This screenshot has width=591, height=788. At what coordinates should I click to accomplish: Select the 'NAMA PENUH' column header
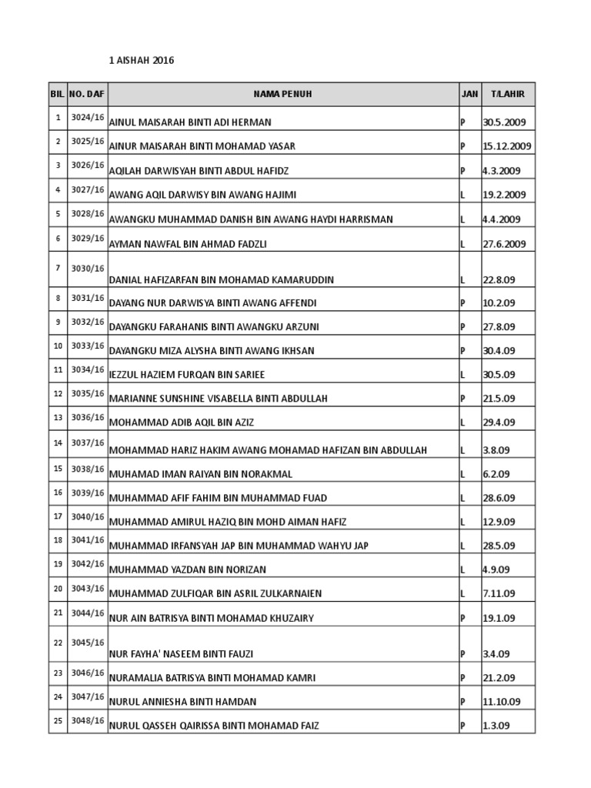click(283, 94)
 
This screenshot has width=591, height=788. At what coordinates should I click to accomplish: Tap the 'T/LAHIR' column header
click(508, 94)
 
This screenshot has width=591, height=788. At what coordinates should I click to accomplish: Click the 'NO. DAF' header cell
click(87, 94)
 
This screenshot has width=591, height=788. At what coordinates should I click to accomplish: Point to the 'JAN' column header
click(469, 94)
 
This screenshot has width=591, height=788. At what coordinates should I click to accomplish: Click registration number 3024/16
click(87, 118)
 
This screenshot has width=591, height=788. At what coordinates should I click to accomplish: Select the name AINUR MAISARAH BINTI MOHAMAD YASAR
click(202, 146)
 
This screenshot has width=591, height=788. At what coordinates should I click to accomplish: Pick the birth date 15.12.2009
click(507, 146)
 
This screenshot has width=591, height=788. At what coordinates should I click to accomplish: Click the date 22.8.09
click(499, 279)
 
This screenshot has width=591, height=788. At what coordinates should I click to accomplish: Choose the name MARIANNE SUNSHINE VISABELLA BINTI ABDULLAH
click(219, 399)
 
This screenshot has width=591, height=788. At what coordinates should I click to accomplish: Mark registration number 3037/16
click(87, 442)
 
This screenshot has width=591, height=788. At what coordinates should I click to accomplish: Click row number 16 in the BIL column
click(58, 492)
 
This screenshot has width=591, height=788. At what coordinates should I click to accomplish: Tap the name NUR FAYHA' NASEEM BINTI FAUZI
click(182, 654)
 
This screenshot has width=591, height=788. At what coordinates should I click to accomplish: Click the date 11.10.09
click(502, 702)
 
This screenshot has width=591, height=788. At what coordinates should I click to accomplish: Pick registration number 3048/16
click(87, 721)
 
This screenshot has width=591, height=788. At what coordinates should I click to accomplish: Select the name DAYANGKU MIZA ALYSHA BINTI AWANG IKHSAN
click(212, 351)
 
